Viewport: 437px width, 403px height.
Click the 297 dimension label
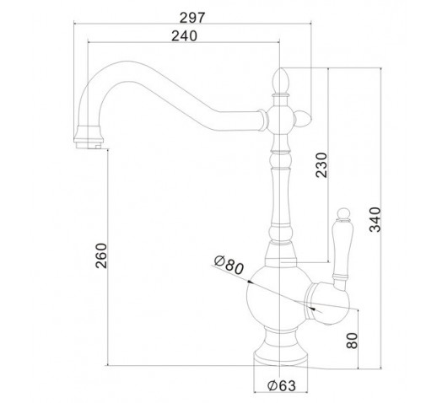point(192,18)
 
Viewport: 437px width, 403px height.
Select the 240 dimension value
point(185,36)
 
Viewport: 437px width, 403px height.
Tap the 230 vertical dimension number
point(321,165)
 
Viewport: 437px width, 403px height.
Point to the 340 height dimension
point(375,219)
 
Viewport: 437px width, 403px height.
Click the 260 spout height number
point(101,255)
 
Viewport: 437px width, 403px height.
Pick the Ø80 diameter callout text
point(229,265)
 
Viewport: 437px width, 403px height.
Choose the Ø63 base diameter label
point(282,385)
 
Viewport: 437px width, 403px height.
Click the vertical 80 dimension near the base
point(352,341)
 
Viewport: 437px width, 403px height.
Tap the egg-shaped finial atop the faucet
point(280,81)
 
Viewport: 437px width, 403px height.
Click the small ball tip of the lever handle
point(343,213)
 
